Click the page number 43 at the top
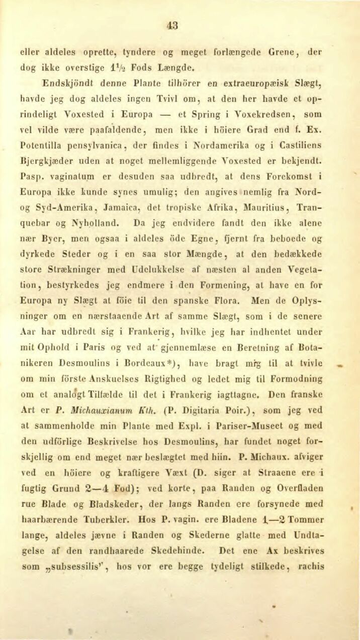[173, 25]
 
